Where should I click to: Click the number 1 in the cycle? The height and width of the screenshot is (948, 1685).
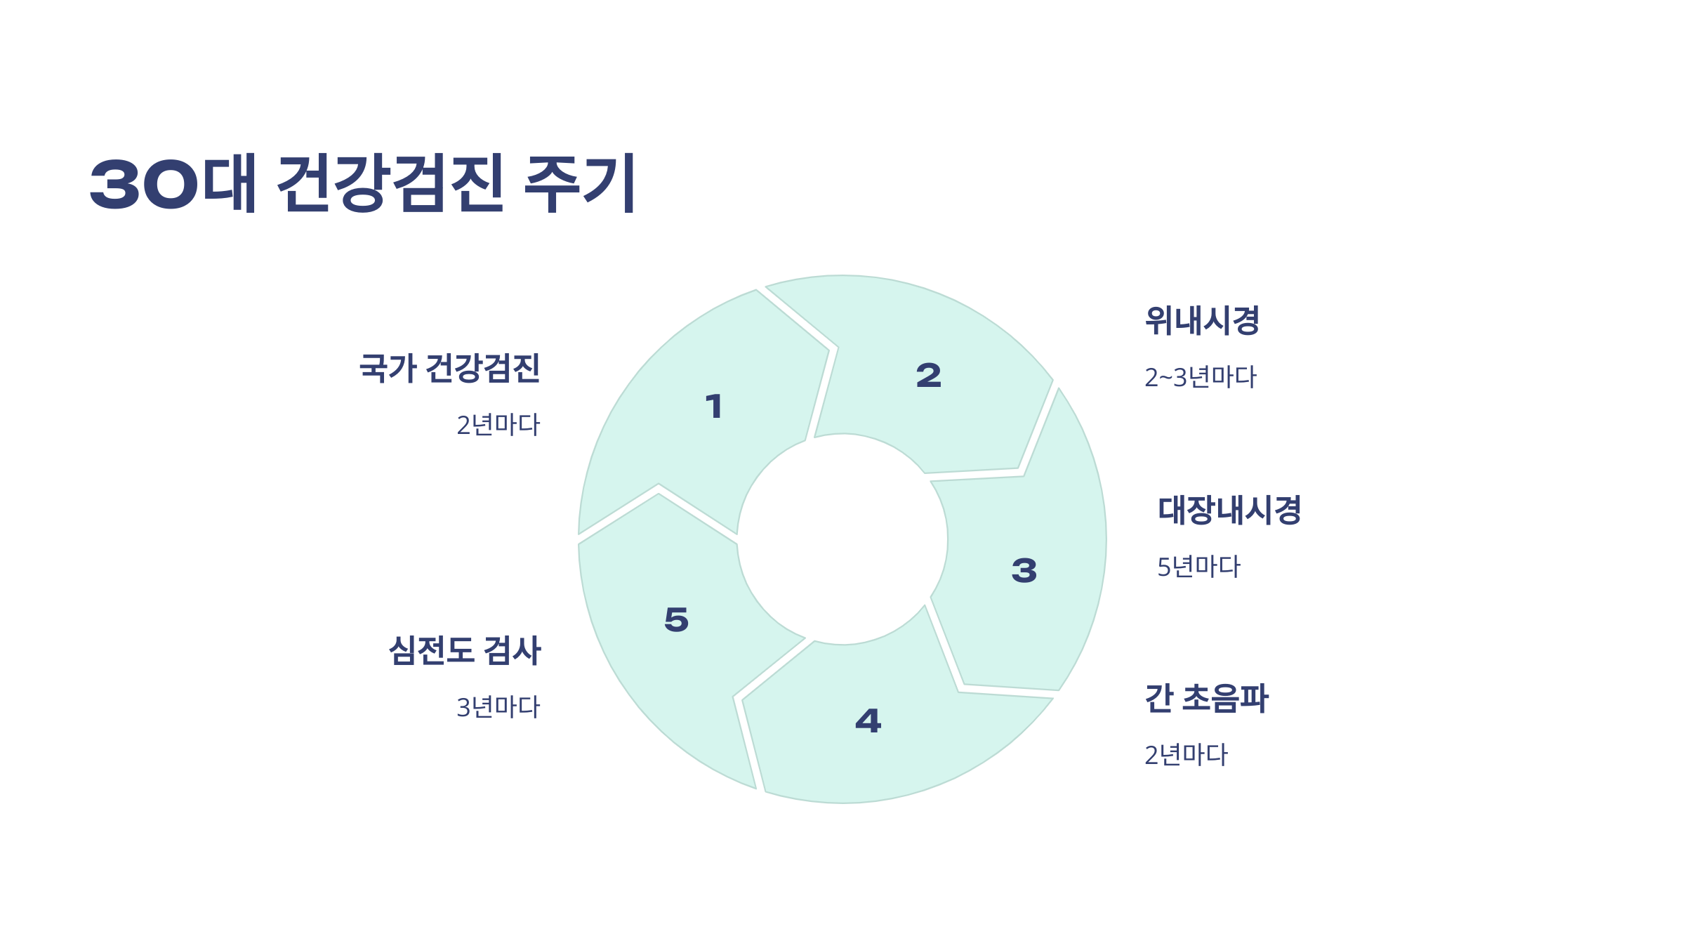[714, 407]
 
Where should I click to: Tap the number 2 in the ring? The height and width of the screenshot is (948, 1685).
[928, 376]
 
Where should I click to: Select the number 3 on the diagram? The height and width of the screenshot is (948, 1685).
[1024, 570]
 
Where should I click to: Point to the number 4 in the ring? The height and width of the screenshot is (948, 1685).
[868, 721]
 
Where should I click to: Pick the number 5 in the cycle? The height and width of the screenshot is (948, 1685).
[677, 619]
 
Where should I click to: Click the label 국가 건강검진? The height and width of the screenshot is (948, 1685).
[449, 369]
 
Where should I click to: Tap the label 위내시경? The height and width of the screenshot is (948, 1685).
[1202, 321]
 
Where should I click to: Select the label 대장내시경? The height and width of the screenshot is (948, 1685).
[1229, 511]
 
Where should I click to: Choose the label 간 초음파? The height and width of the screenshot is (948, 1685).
[1206, 699]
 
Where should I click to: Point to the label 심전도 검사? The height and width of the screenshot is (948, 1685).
[465, 651]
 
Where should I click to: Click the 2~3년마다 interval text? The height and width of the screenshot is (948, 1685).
[1200, 378]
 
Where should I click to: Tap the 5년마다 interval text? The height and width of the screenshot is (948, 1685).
[1198, 567]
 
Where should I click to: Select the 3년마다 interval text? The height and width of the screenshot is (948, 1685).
[498, 708]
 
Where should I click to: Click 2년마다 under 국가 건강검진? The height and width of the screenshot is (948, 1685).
[498, 426]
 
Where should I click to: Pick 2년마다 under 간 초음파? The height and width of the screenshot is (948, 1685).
[1186, 756]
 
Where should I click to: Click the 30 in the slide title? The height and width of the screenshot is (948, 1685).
[144, 185]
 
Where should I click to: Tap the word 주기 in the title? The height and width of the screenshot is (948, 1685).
[580, 183]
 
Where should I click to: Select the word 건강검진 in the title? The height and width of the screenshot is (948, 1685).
[391, 183]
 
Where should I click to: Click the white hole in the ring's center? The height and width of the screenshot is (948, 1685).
[842, 539]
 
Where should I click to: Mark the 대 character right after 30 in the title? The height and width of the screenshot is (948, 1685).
[229, 183]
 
